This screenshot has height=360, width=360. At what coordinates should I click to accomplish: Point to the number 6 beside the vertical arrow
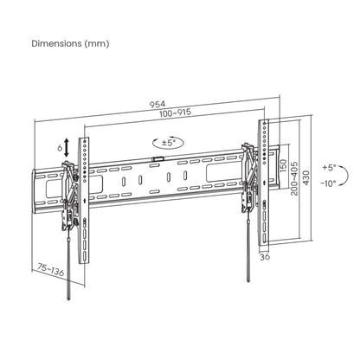click(60, 148)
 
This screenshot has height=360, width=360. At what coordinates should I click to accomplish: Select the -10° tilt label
click(329, 184)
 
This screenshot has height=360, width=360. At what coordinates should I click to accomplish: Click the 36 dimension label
click(265, 257)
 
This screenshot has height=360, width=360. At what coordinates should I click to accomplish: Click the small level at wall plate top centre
click(157, 158)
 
